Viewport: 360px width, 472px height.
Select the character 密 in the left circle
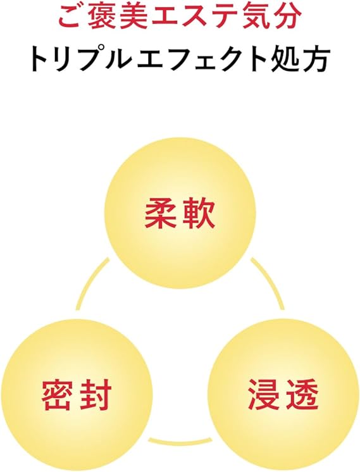[58, 394]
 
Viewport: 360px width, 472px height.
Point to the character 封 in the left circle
[95, 394]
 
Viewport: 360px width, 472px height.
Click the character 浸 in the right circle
[264, 394]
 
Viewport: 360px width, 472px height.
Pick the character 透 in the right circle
[301, 394]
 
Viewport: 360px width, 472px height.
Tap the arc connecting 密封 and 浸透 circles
[180, 441]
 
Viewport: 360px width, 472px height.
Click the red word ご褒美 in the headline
[97, 17]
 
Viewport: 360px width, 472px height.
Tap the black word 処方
[299, 60]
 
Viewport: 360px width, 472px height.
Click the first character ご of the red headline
[70, 17]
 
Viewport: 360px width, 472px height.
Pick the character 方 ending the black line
[314, 60]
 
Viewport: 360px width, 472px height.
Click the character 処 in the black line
[285, 60]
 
